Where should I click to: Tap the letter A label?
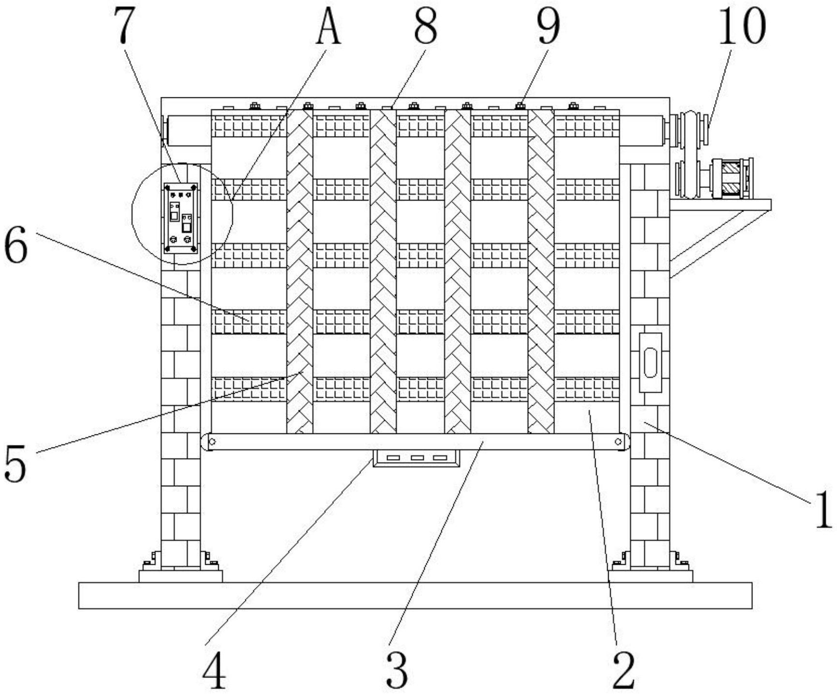click(329, 27)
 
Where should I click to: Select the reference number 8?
click(425, 27)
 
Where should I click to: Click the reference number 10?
click(742, 27)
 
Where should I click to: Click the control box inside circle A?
click(181, 218)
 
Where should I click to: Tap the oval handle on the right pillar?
click(650, 362)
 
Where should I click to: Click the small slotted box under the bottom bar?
click(417, 458)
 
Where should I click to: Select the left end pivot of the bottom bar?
click(211, 442)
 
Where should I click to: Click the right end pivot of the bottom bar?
click(618, 442)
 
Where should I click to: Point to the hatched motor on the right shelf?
click(731, 179)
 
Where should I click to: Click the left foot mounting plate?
click(180, 576)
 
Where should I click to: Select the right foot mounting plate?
click(650, 576)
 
